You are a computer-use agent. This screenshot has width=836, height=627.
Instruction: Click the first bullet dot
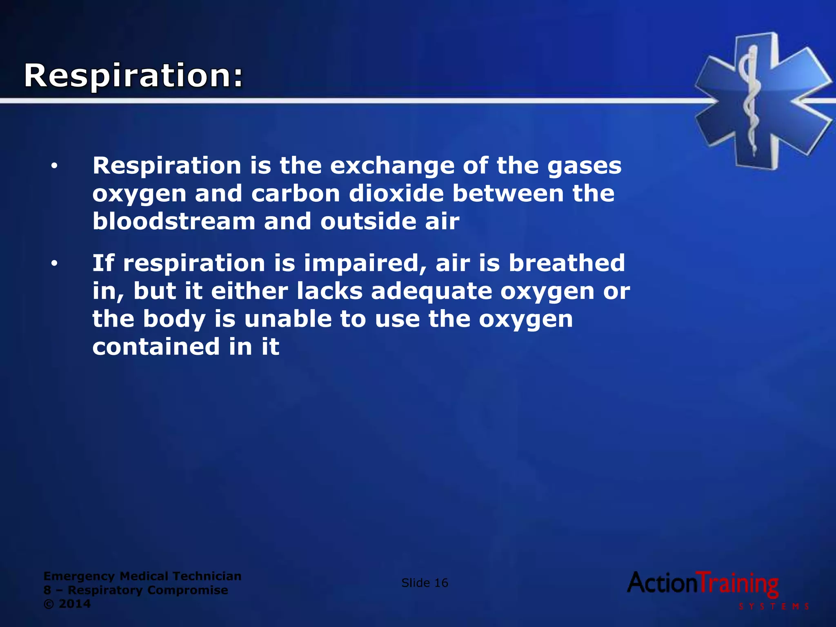pos(54,166)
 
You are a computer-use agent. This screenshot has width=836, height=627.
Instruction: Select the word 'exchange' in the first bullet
pos(392,166)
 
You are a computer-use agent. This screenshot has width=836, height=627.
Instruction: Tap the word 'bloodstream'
pos(174,221)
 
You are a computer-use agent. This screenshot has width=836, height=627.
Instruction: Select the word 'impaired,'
pos(365,264)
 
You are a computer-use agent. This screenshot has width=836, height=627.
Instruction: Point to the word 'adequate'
pos(431,292)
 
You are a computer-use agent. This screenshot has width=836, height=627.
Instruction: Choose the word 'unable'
pos(288,319)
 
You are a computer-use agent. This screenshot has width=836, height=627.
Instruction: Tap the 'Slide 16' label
pos(425,583)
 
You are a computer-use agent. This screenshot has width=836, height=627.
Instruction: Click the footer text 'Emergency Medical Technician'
pos(142,576)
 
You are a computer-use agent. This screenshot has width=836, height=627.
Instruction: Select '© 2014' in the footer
pos(67,604)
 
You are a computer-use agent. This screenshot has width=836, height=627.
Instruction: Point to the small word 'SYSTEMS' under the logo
pos(774,607)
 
